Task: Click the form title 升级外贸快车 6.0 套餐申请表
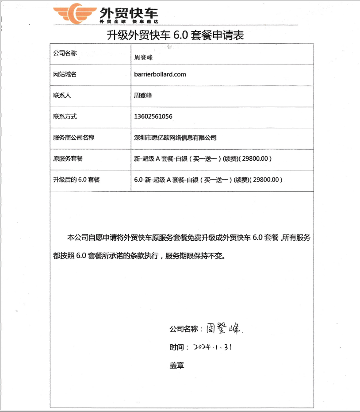pyautogui.click(x=175, y=35)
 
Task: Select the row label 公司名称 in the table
pyautogui.click(x=65, y=53)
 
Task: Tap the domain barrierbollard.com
pyautogui.click(x=160, y=74)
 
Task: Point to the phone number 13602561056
pyautogui.click(x=153, y=116)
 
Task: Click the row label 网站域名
pyautogui.click(x=65, y=74)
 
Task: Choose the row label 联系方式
pyautogui.click(x=65, y=116)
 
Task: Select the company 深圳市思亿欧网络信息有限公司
pyautogui.click(x=175, y=138)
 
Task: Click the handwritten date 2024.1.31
pyautogui.click(x=213, y=347)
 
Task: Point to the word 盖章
pyautogui.click(x=176, y=366)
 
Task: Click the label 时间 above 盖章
pyautogui.click(x=176, y=347)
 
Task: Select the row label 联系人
pyautogui.click(x=62, y=95)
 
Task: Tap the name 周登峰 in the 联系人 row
pyautogui.click(x=143, y=95)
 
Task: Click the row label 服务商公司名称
pyautogui.click(x=74, y=138)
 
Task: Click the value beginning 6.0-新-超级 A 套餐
pyautogui.click(x=208, y=180)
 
